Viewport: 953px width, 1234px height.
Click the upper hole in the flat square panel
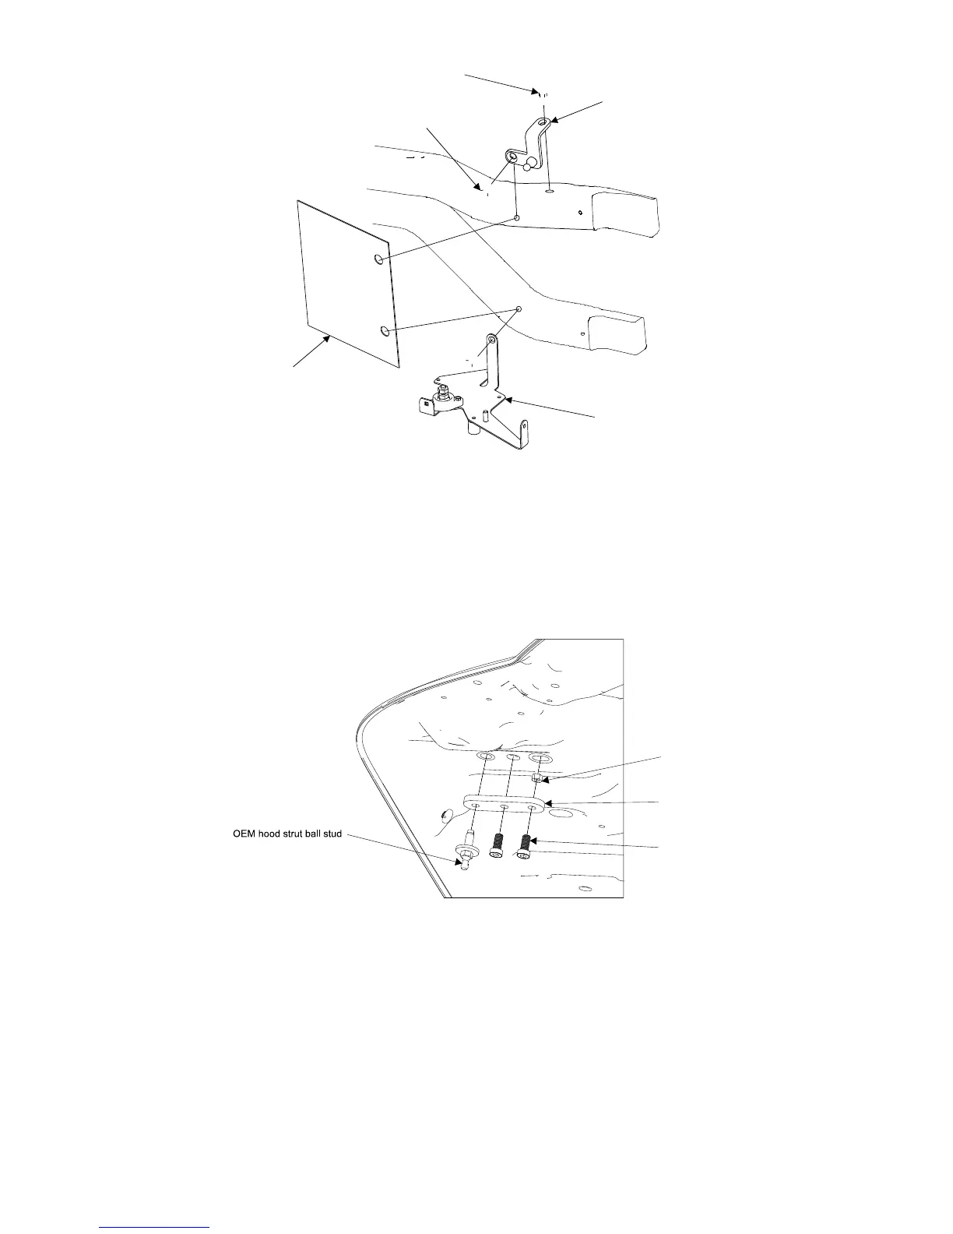pos(379,259)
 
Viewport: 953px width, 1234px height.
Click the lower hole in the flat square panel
pos(385,332)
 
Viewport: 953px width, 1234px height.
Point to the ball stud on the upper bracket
pos(528,165)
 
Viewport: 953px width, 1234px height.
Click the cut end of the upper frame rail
pos(626,215)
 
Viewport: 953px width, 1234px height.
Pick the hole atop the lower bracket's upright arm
pos(491,340)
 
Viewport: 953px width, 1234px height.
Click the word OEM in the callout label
pos(246,834)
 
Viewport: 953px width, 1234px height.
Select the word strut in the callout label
pos(300,834)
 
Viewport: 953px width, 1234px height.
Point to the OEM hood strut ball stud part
pos(465,853)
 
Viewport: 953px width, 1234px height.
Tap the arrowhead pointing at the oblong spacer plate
pos(548,802)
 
